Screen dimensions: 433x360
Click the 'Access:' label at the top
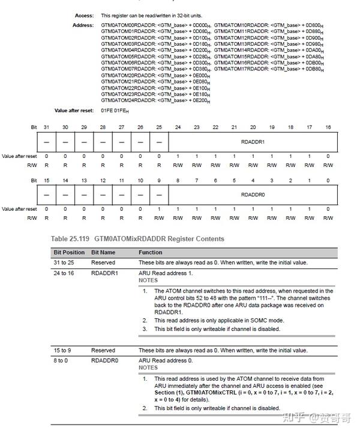pos(84,15)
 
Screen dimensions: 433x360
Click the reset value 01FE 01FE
pos(115,111)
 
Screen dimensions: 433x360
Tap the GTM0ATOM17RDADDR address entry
pos(269,69)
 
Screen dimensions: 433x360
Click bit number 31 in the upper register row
pos(46,128)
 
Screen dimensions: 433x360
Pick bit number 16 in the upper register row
pos(328,128)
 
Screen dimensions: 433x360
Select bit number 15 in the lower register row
pos(46,181)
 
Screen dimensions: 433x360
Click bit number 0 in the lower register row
pos(328,181)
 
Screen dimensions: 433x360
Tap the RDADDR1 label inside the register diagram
pos(253,142)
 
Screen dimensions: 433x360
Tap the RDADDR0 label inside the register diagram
pos(253,195)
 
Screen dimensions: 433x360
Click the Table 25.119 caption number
pos(71,238)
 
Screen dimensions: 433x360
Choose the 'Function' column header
pos(151,252)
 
